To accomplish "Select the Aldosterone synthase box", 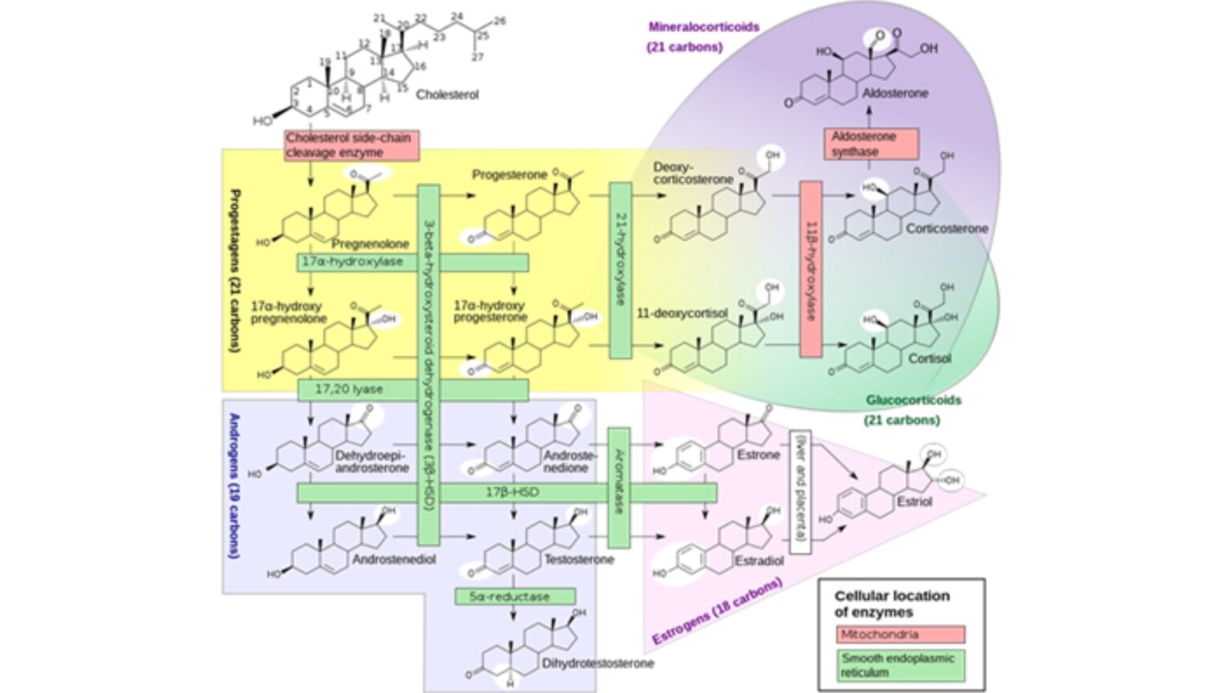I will coord(870,144).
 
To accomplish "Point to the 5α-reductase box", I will coord(515,597).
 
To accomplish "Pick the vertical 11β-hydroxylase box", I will coord(811,269).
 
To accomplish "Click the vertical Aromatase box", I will coord(618,488).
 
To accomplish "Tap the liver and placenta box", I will coord(800,492).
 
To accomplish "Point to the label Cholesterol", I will coord(447,95).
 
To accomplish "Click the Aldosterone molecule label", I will coord(895,93).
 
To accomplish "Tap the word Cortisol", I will coord(929,359).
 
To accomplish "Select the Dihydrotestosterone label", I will coord(598,663).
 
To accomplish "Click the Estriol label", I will coord(914,501).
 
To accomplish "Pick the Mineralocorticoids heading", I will coord(703,27).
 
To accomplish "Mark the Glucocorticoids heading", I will coord(913,400).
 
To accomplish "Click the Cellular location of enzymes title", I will coord(891,604).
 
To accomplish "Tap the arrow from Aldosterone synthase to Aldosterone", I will coord(870,115).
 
